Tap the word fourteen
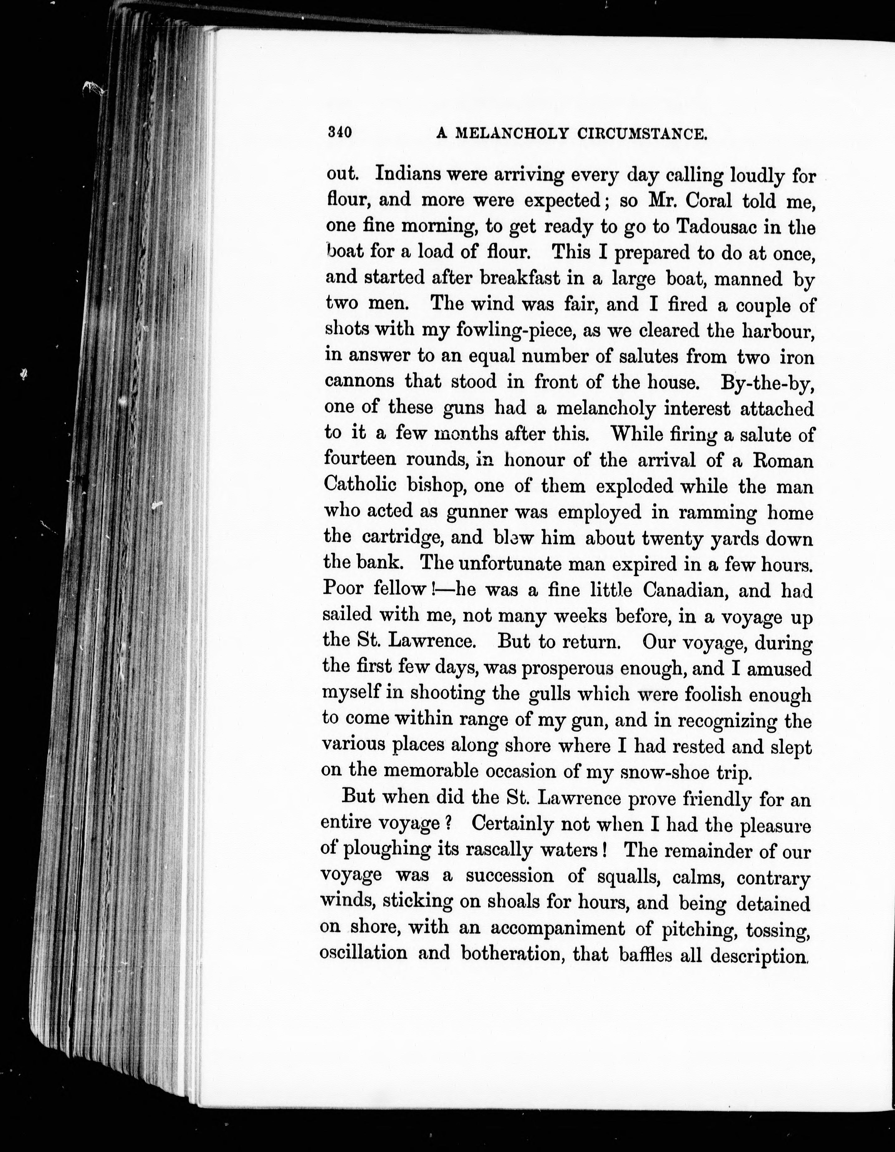coord(360,459)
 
